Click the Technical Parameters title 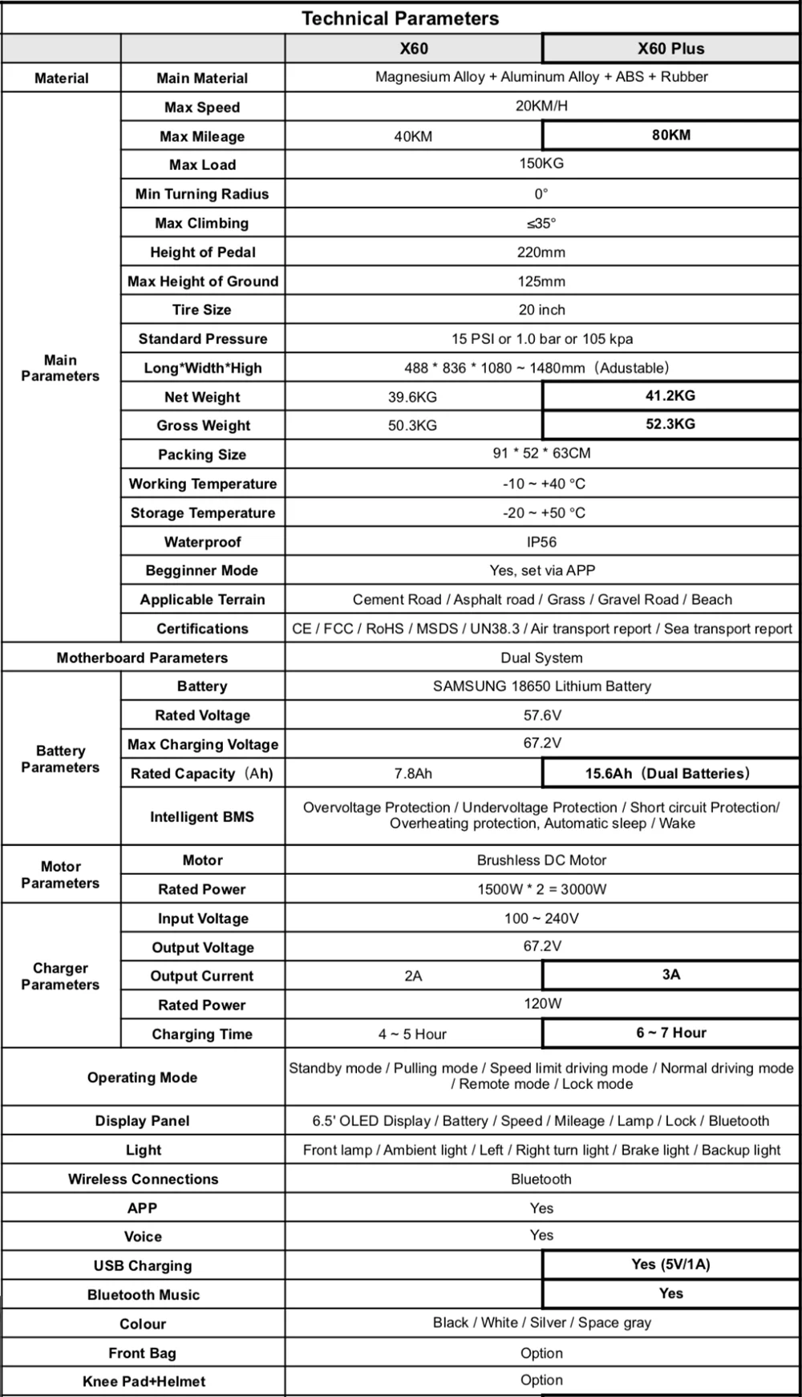tap(399, 18)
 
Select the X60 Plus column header tap(670, 48)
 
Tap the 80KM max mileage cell tap(670, 135)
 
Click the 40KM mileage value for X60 tap(413, 136)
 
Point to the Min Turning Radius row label tap(202, 194)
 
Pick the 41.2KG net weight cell tap(670, 395)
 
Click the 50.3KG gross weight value tap(413, 426)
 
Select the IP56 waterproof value tap(541, 542)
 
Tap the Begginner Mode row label tap(202, 571)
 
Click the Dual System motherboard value tap(541, 658)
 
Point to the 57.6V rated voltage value tap(541, 715)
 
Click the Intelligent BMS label tap(202, 816)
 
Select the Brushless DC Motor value tap(541, 860)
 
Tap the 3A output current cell tap(670, 974)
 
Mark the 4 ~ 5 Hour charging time tap(413, 1035)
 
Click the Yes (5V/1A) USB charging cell tap(670, 1265)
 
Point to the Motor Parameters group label tap(61, 875)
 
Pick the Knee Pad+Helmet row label tap(144, 1382)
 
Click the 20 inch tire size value tap(541, 310)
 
